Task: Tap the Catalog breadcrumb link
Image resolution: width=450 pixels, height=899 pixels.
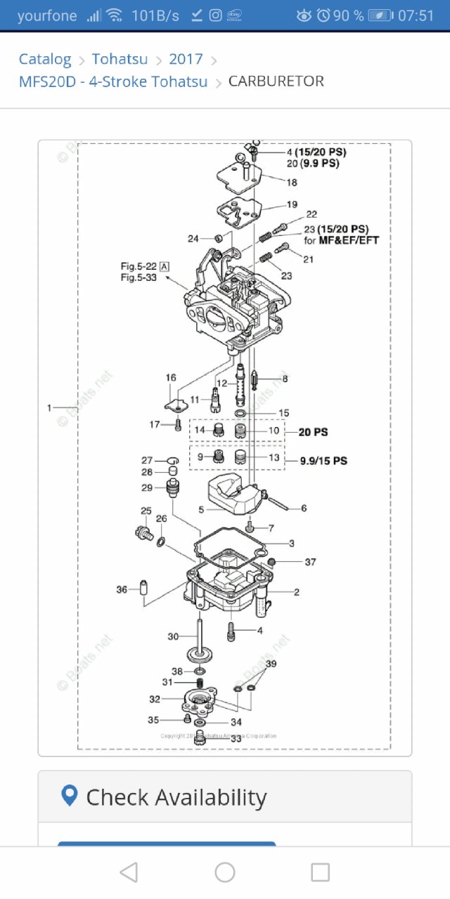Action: [45, 59]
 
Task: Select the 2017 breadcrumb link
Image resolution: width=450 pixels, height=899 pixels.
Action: [186, 59]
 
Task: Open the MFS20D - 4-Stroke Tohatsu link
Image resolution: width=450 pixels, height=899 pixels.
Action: [113, 81]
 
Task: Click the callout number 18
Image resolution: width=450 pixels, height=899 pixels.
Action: [292, 182]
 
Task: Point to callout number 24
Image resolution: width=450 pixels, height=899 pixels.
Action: [193, 239]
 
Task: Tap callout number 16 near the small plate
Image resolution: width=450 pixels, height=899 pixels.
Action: [171, 378]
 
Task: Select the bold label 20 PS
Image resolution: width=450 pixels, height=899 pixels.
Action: [313, 432]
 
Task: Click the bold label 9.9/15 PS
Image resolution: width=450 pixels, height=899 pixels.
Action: [323, 461]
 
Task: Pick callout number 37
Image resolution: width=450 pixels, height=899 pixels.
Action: [310, 562]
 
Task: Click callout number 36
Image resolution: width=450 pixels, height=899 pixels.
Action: [122, 590]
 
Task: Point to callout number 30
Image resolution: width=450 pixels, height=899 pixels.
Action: [173, 636]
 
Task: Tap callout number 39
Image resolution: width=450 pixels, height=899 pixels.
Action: [271, 664]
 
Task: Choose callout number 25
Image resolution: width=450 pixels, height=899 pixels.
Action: [146, 511]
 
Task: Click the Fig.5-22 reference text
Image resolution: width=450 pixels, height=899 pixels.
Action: [139, 266]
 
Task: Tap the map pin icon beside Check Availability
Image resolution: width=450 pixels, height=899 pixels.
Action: [69, 796]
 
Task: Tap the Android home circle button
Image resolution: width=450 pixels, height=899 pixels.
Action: [225, 872]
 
